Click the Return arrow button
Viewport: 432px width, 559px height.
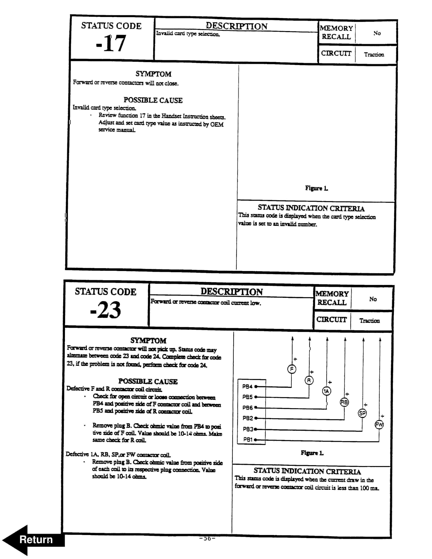coord(33,540)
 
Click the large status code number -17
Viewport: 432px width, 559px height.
coord(111,44)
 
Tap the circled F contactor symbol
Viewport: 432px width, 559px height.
coord(292,369)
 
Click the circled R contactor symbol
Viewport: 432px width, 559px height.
coord(309,380)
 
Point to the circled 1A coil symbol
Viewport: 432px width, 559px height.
coord(326,391)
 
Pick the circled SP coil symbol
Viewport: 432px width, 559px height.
coord(362,413)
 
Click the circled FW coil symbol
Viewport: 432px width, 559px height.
coord(379,425)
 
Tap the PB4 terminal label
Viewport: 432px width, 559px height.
coord(247,386)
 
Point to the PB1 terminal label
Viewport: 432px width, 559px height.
coord(248,440)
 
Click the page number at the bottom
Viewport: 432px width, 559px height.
coord(207,538)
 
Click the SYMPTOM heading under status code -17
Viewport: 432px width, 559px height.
coord(153,74)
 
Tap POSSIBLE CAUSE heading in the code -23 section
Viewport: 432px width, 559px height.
coord(148,381)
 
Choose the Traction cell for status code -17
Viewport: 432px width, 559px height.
coord(374,55)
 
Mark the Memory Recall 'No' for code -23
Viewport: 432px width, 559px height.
coord(373,299)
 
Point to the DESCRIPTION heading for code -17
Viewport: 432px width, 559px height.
coord(236,26)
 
